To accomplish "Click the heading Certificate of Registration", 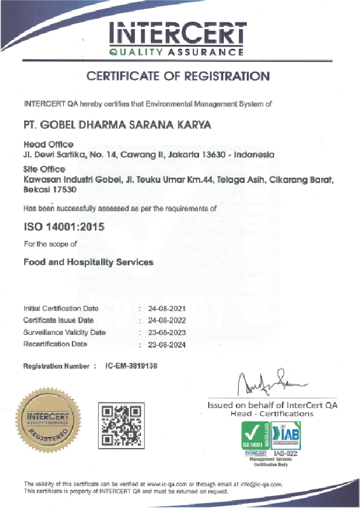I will (178, 76).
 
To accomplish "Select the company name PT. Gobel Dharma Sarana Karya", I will (114, 125).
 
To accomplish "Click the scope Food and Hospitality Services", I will (88, 263).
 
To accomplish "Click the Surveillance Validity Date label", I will (64, 332).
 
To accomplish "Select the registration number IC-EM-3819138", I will (132, 366).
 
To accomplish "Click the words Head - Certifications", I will (272, 414).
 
